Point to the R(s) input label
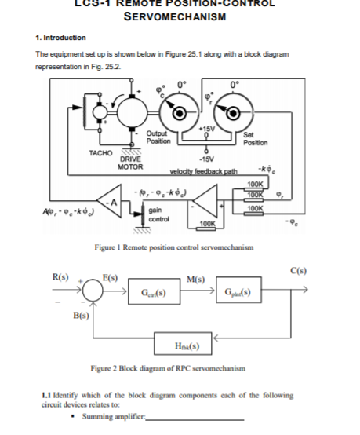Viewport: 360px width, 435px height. [x=60, y=276]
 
